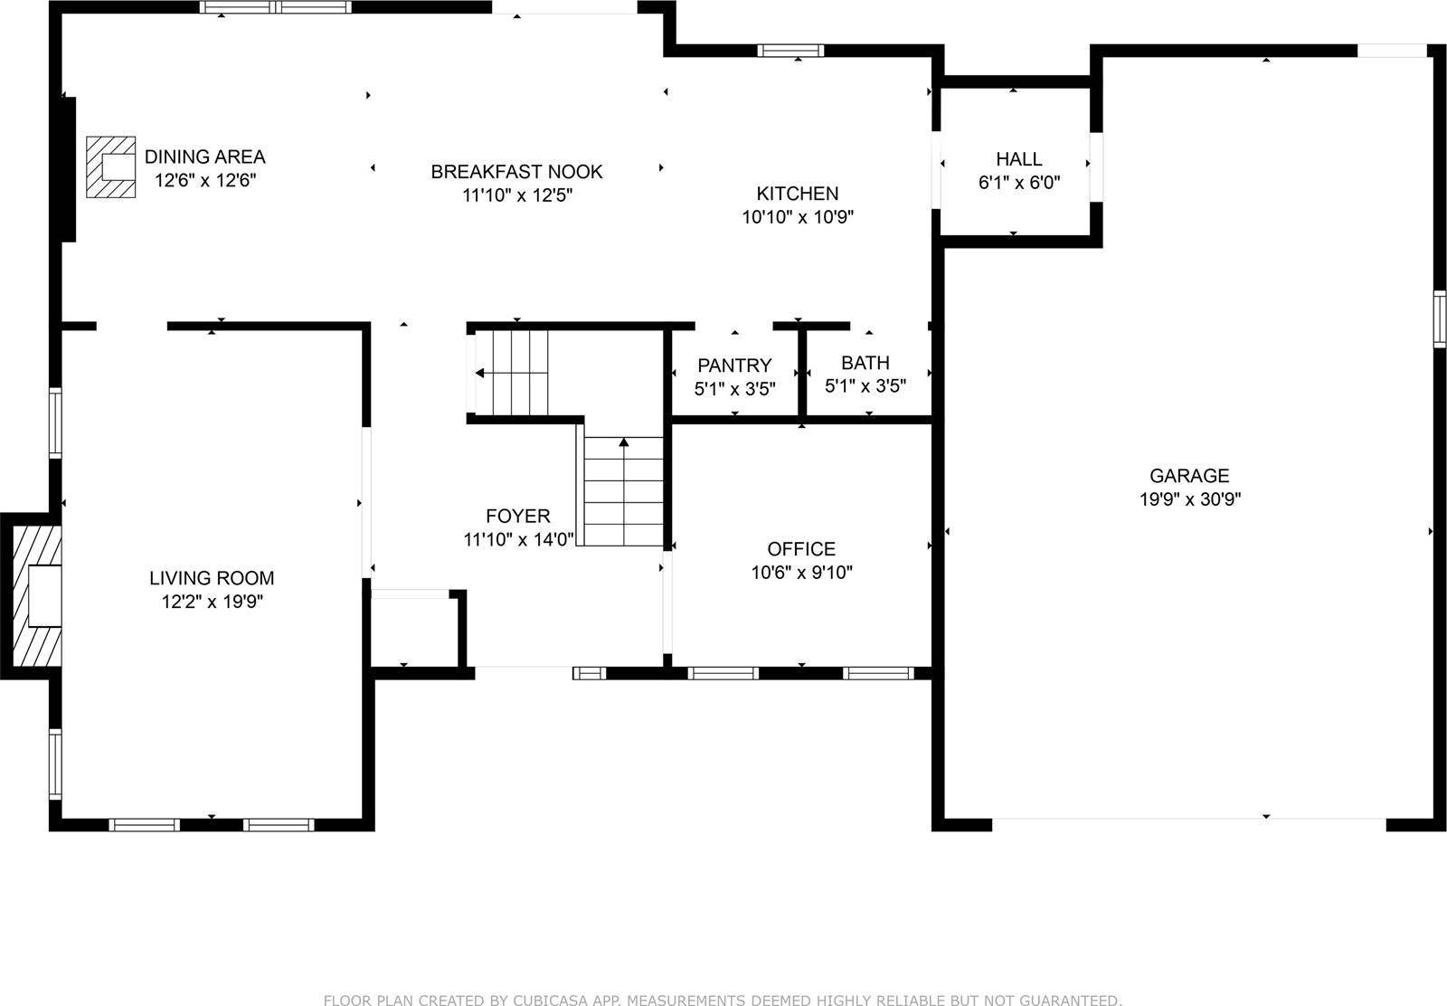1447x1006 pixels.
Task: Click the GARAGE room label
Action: click(x=1188, y=475)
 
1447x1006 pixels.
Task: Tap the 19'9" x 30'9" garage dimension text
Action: click(x=1188, y=498)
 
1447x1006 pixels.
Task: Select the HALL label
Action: click(x=1018, y=159)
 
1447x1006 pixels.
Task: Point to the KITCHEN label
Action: click(x=797, y=193)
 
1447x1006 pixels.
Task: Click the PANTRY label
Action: click(x=733, y=365)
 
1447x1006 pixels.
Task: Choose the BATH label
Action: click(x=865, y=363)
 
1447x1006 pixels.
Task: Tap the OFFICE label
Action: click(x=800, y=549)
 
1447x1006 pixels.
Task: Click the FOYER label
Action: click(x=517, y=516)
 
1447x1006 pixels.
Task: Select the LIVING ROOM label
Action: click(x=211, y=578)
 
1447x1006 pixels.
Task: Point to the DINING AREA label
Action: click(x=204, y=157)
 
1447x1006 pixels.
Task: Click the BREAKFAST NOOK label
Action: click(x=516, y=172)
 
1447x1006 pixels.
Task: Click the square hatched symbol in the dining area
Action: click(x=110, y=167)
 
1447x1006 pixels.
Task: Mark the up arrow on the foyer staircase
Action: click(x=623, y=442)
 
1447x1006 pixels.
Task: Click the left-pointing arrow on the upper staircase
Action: click(x=479, y=373)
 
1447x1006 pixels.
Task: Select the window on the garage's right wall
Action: click(x=1439, y=318)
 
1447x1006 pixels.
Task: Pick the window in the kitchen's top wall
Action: click(x=790, y=51)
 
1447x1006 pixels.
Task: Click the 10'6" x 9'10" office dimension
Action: click(x=800, y=573)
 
